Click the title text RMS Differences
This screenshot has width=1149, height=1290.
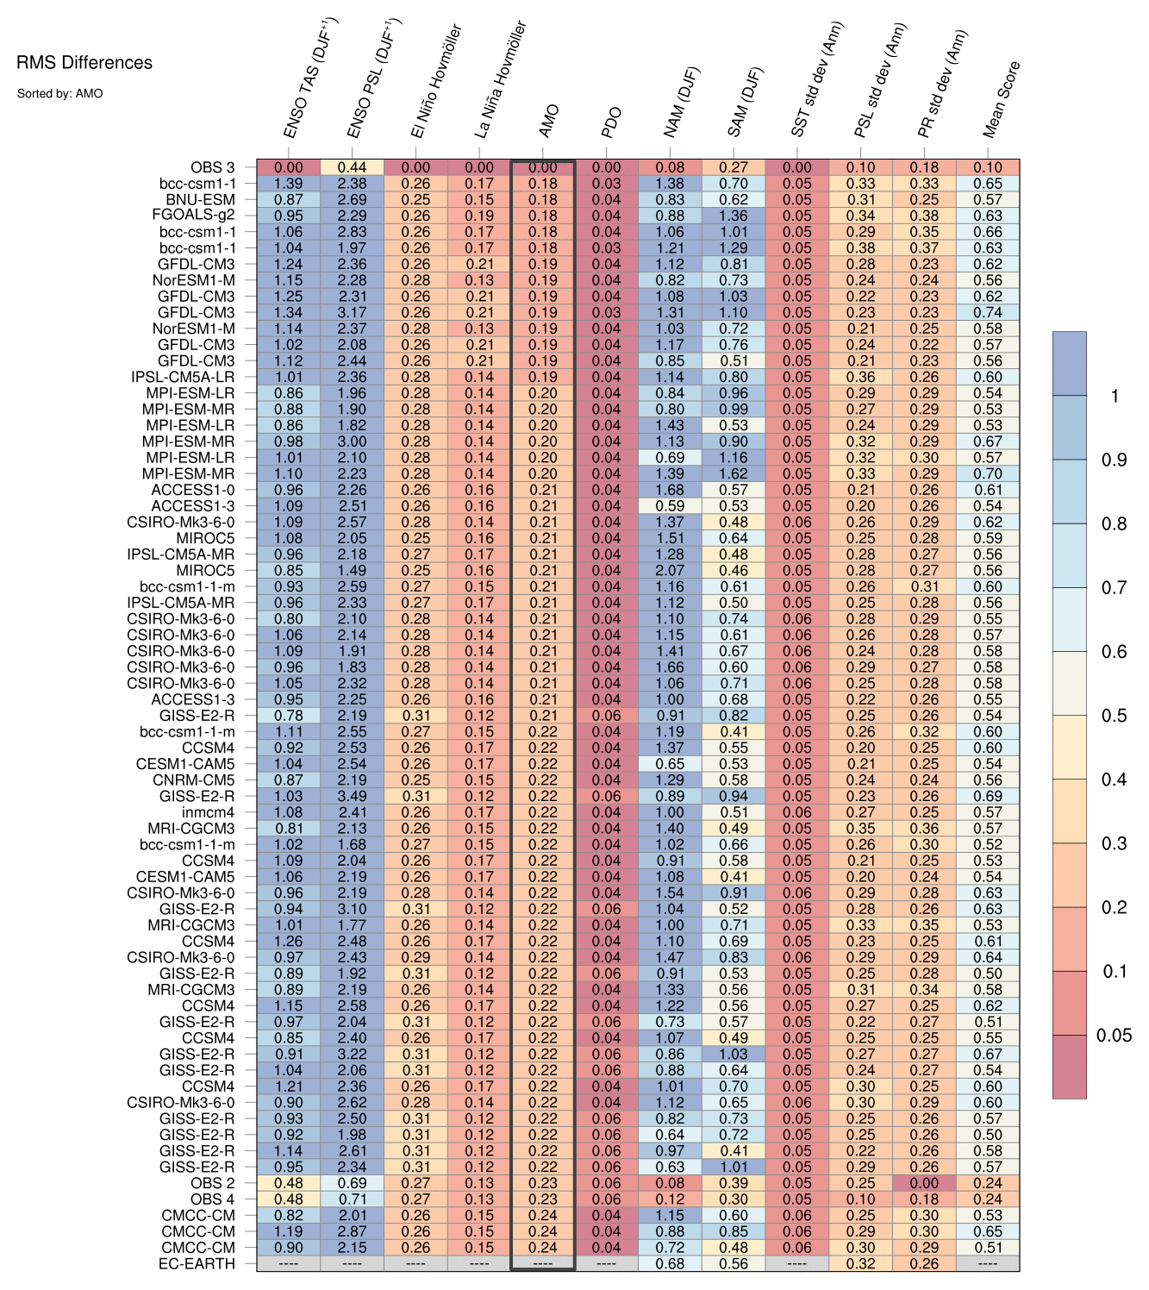pos(84,63)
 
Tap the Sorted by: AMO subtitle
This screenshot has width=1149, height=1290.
pos(59,93)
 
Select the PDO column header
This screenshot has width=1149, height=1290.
pos(611,123)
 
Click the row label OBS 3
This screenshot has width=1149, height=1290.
pos(211,168)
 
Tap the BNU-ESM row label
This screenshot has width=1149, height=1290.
pos(200,199)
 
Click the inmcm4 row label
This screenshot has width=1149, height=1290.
pos(208,812)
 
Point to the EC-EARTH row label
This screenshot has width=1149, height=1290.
pos(197,1264)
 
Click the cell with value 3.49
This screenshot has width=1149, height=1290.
pos(352,797)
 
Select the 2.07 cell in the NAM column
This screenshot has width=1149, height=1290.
pos(670,571)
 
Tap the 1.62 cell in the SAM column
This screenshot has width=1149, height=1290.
pos(734,474)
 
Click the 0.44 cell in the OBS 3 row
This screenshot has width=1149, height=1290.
pos(352,168)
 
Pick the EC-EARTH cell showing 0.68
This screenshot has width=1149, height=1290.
pos(670,1264)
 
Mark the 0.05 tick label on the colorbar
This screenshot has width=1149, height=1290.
pos(1114,1036)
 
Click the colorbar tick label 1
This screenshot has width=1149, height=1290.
pos(1115,397)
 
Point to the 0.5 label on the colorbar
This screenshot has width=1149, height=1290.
pos(1113,716)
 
